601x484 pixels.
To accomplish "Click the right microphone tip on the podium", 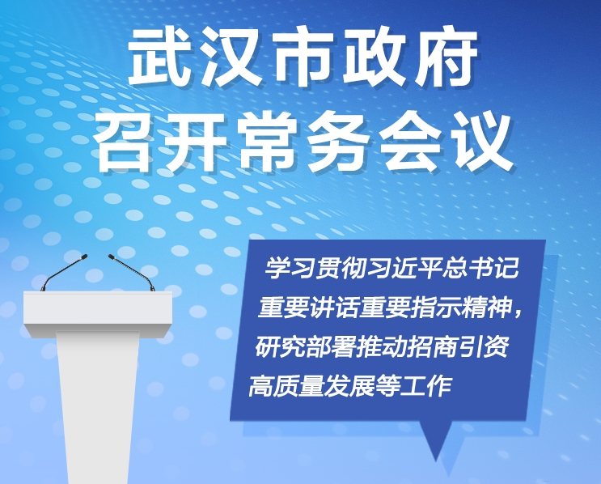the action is [112, 257].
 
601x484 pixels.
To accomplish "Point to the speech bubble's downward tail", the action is [436, 441].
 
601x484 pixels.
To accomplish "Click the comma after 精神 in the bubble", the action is [518, 314].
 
